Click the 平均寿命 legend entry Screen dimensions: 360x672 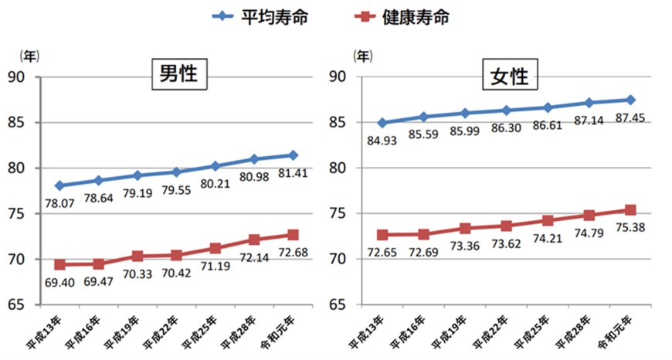click(x=265, y=16)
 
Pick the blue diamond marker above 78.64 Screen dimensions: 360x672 click(x=98, y=180)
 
